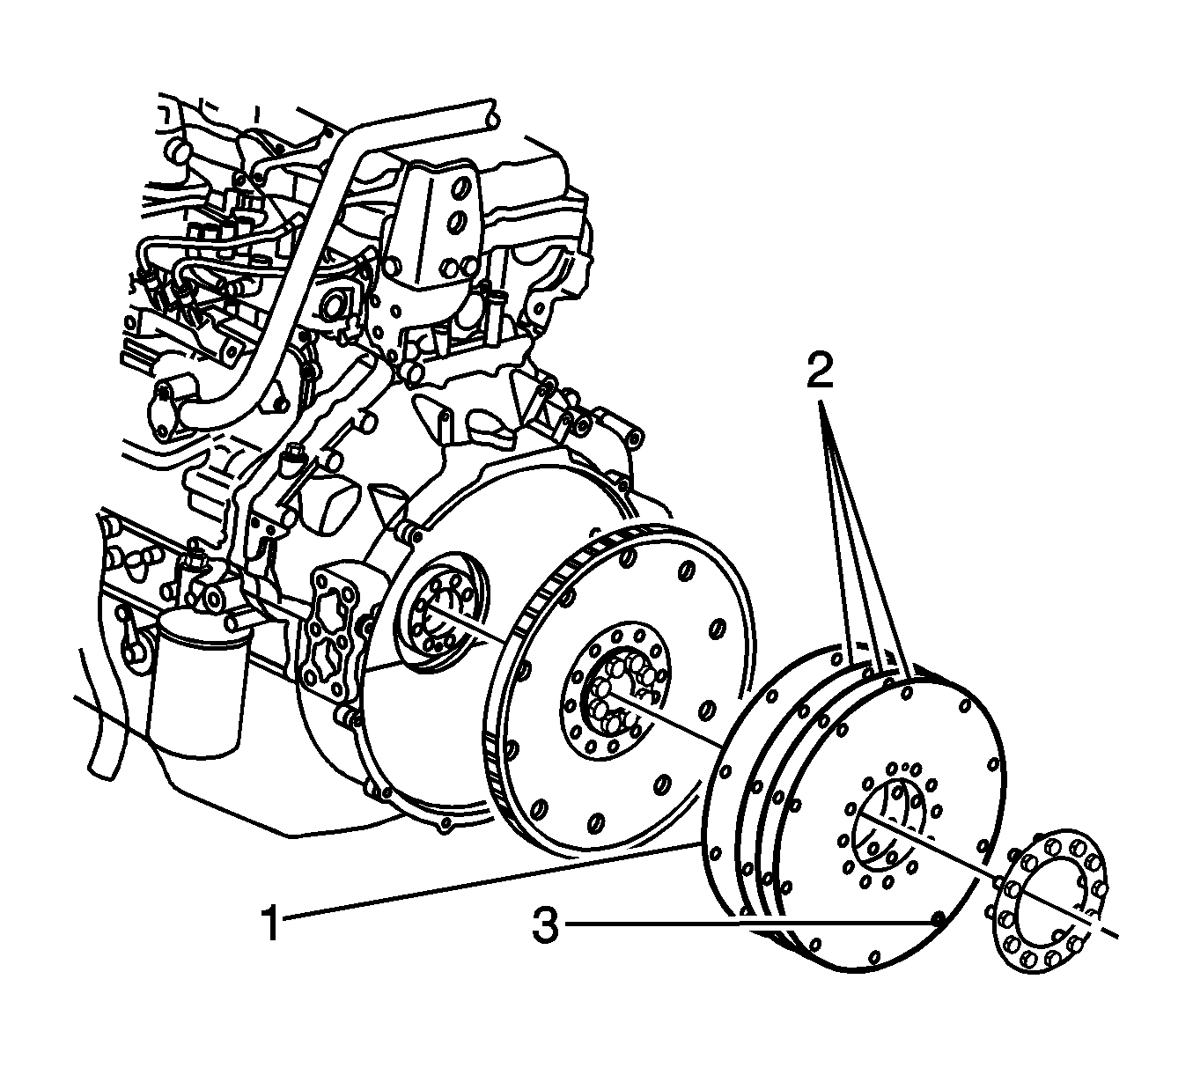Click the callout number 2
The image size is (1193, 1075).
tap(820, 370)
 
